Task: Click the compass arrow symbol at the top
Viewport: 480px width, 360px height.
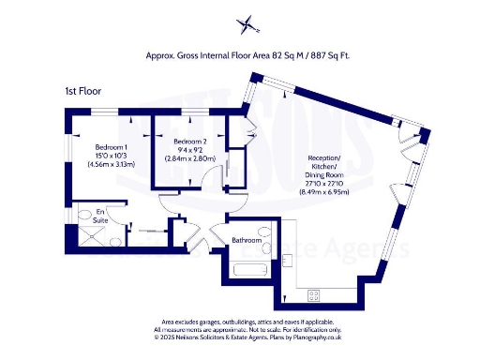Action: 246,24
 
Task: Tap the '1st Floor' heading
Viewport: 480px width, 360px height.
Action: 82,91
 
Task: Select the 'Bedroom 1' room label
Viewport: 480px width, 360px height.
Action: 112,146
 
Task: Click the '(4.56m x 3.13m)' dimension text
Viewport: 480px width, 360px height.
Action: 112,165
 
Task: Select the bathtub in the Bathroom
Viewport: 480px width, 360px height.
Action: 249,271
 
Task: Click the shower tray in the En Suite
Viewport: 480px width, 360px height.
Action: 90,241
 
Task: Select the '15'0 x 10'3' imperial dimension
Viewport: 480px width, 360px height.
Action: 112,156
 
